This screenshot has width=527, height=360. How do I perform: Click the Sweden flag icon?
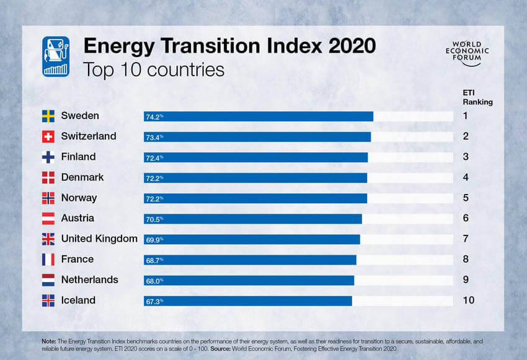point(48,116)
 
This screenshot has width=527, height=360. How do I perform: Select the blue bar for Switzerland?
point(257,137)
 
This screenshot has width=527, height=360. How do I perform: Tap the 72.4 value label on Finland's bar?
point(154,157)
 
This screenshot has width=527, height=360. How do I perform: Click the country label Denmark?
point(82,177)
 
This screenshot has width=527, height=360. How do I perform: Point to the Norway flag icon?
point(48,198)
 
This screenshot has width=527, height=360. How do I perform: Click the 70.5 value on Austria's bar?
point(154,219)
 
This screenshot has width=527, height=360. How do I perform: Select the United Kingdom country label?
point(99,239)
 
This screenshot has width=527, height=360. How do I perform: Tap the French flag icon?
point(48,260)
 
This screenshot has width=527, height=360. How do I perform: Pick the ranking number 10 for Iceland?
point(469,301)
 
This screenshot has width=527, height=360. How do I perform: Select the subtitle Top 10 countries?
point(153,70)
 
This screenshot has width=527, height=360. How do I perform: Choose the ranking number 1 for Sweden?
point(466,116)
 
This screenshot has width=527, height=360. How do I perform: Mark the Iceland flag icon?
point(48,301)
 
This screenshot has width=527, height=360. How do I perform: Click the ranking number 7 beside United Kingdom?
point(466,239)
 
